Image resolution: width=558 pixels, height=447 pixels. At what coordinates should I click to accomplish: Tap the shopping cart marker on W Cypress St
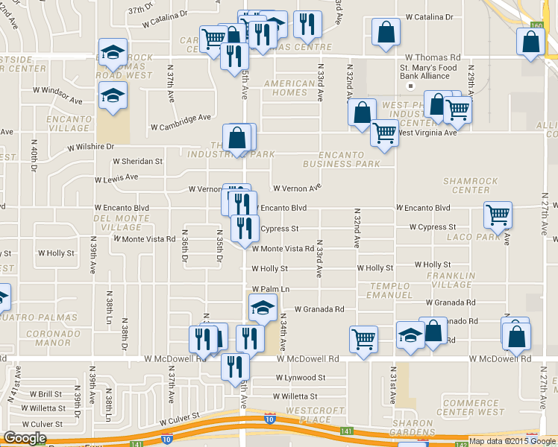click(498, 215)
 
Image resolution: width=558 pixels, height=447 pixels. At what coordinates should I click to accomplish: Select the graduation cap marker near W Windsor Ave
click(113, 96)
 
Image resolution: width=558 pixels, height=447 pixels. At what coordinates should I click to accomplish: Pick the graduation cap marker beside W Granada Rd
click(262, 307)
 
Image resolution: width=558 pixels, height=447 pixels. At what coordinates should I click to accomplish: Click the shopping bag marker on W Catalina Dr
click(385, 33)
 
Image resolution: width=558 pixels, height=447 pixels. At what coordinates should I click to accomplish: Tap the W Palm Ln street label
click(270, 288)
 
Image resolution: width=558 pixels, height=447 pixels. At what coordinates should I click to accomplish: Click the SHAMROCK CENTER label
click(465, 185)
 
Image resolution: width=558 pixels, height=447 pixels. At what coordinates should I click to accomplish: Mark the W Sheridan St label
click(137, 161)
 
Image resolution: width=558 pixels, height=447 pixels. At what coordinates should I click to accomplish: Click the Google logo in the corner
click(25, 439)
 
